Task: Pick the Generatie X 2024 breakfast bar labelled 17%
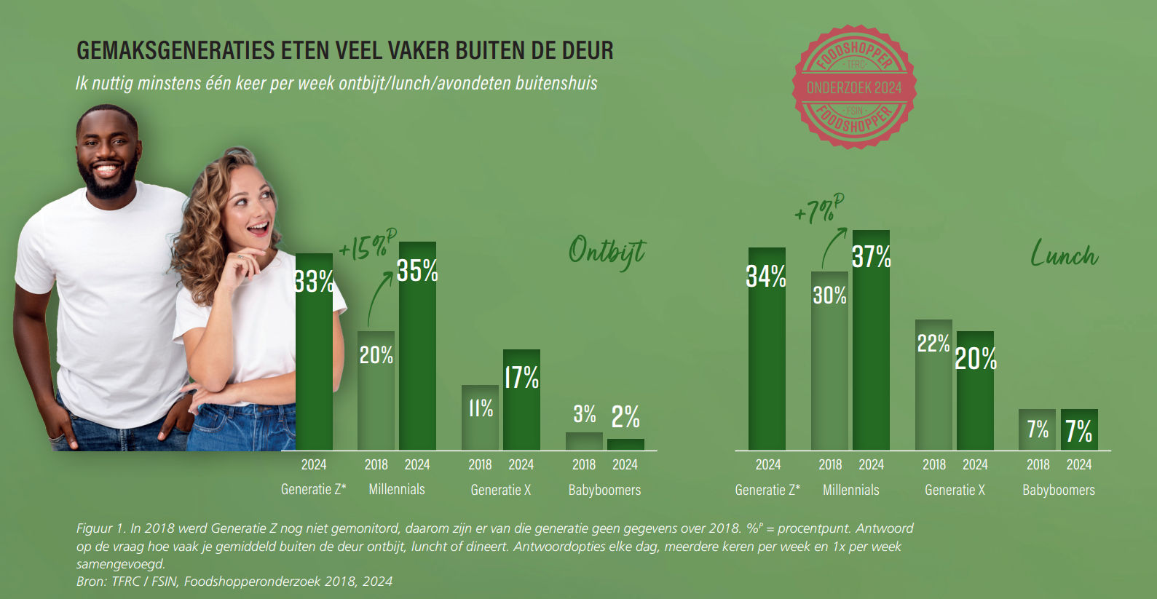[521, 408]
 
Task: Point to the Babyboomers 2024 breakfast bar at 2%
[625, 444]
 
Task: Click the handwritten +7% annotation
[818, 210]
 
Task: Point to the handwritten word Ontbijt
[606, 252]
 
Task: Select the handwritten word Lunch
[1064, 254]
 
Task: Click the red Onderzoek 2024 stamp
[854, 87]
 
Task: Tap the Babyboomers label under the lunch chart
[1058, 490]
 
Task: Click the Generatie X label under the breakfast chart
[500, 490]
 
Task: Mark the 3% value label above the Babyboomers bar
[584, 414]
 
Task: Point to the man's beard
[108, 182]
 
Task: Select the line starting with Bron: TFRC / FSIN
[234, 582]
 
